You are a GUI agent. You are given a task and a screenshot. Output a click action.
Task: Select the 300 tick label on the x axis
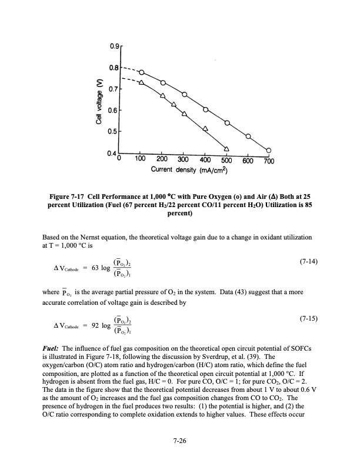coord(183,160)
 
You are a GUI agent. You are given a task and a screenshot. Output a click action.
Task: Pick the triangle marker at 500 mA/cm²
coord(226,148)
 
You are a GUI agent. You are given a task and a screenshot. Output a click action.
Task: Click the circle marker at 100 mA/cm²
coord(141,72)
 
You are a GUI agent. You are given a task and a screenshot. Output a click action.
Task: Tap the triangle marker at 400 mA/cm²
coord(205,128)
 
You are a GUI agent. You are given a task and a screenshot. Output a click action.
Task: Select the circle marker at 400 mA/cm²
coord(206,109)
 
